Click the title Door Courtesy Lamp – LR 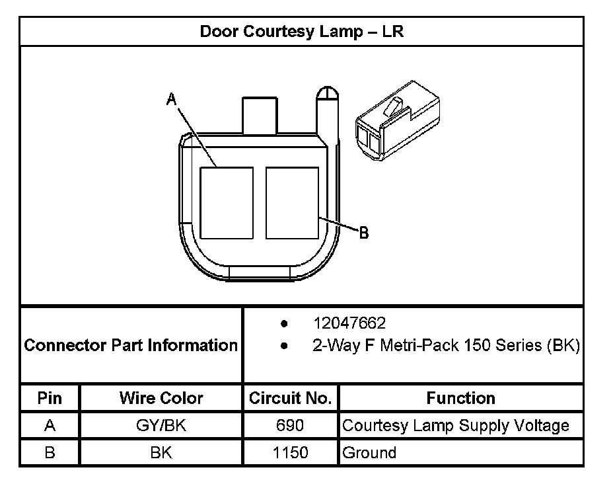pos(301,32)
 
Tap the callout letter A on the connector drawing pos(171,99)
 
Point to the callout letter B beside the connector pos(363,232)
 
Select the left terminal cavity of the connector pos(227,203)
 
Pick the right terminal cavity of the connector pos(292,203)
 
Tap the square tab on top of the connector pos(260,116)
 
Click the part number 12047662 pos(349,323)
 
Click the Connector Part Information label pos(131,345)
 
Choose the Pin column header pos(50,398)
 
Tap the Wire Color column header pos(161,398)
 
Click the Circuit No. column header pos(290,398)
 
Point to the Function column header pos(460,398)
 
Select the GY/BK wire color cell pos(161,425)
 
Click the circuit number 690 pos(290,425)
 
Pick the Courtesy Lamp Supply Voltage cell pos(455,425)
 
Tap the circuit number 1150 pos(290,453)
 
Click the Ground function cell pos(369,453)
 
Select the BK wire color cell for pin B pos(161,453)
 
